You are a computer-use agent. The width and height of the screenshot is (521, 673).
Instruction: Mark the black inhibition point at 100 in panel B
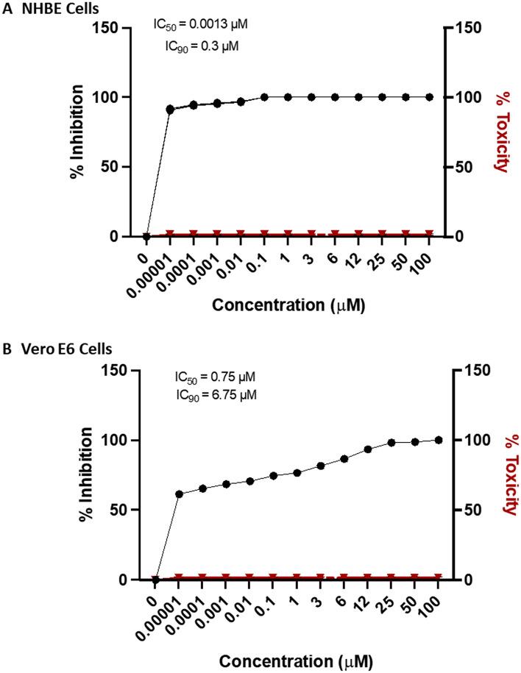[x=439, y=440]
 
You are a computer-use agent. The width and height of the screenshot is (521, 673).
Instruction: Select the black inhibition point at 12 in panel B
[x=368, y=449]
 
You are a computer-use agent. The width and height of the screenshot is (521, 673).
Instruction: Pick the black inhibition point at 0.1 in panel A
[x=264, y=97]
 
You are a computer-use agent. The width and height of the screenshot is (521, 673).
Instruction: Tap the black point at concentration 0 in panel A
[x=146, y=236]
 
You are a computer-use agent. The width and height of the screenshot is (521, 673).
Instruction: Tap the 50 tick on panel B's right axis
[x=469, y=510]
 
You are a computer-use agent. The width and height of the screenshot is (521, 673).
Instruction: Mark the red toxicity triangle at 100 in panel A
[x=429, y=234]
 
